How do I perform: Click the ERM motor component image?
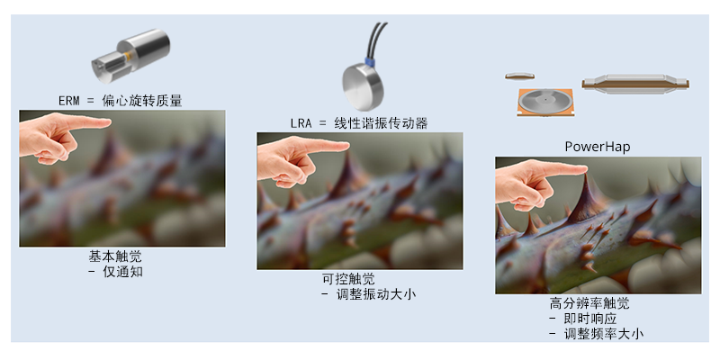pyautogui.click(x=130, y=56)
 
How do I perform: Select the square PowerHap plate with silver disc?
pyautogui.click(x=545, y=102)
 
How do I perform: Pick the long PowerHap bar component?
pyautogui.click(x=635, y=83)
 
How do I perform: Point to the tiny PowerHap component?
pyautogui.click(x=520, y=76)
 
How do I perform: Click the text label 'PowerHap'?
pyautogui.click(x=598, y=147)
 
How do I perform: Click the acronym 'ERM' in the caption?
pyautogui.click(x=69, y=101)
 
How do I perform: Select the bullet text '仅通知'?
pyautogui.click(x=122, y=272)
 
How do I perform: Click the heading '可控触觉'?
pyautogui.click(x=348, y=279)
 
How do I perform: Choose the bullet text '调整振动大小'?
pyautogui.click(x=375, y=294)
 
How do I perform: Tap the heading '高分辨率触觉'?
pyautogui.click(x=589, y=303)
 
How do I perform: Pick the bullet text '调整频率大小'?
pyautogui.click(x=603, y=334)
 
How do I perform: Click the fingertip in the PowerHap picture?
pyautogui.click(x=582, y=170)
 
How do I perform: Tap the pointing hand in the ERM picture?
pyautogui.click(x=59, y=137)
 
